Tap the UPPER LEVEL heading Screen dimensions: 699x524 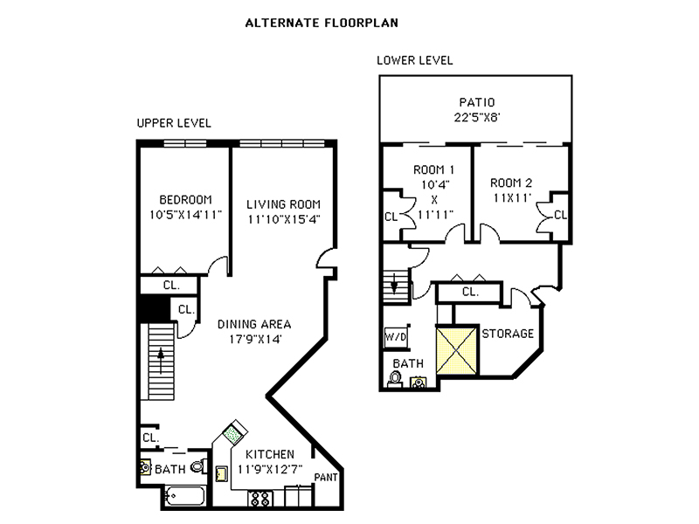point(174,123)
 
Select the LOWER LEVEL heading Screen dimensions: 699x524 point(414,61)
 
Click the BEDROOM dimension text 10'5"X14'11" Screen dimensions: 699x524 point(185,213)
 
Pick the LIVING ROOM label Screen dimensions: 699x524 point(279,203)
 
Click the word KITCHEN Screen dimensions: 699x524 point(269,454)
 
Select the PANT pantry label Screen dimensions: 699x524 point(326,478)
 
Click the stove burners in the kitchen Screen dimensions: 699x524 point(261,499)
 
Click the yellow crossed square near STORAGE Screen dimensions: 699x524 point(455,348)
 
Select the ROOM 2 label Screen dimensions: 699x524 point(509,183)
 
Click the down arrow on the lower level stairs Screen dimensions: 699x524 point(395,285)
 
